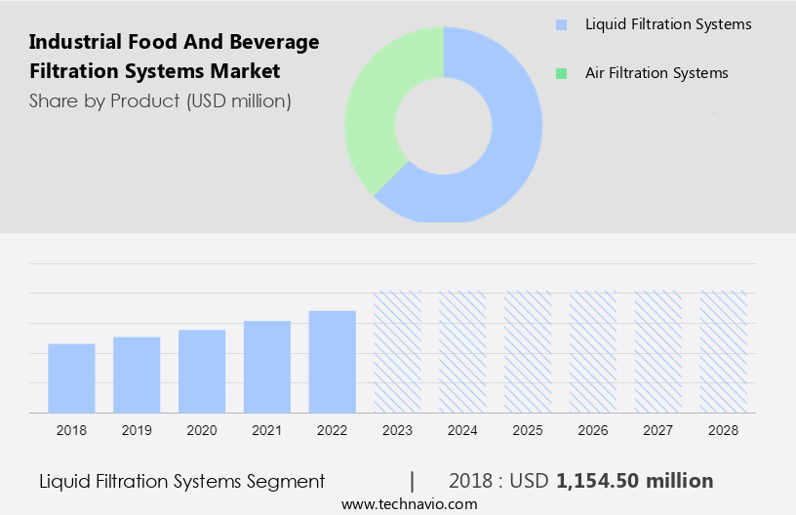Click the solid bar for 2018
pos(71,378)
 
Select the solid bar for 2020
pos(202,371)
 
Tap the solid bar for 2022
pos(333,362)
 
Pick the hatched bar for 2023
pos(398,351)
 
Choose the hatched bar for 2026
pos(593,351)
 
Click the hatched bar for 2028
pos(724,351)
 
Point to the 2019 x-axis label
pos(137,430)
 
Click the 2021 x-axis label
pos(267,430)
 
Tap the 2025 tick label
pos(528,430)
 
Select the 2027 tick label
pos(658,430)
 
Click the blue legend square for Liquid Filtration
pos(561,24)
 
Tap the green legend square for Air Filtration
pos(561,73)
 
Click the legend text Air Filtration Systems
pos(657,73)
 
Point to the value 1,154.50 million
pos(634,481)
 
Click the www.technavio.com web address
pos(409,504)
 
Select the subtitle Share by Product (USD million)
pos(160,100)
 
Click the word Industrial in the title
pos(70,42)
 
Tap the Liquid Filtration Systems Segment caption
pos(181,481)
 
